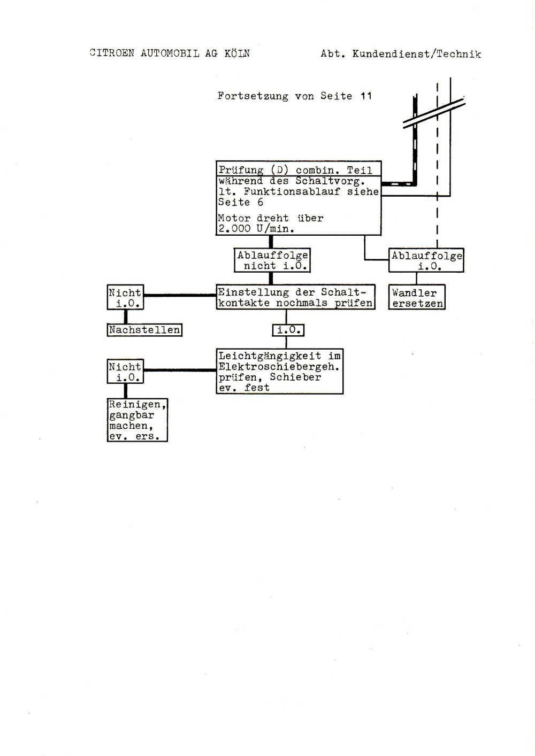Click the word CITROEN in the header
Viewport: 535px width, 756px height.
pyautogui.click(x=112, y=53)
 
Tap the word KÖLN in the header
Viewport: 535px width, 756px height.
pyautogui.click(x=237, y=53)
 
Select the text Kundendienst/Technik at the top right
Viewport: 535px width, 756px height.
pyautogui.click(x=417, y=54)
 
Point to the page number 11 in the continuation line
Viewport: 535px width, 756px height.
pyautogui.click(x=366, y=96)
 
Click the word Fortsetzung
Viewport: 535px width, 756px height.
pyautogui.click(x=253, y=96)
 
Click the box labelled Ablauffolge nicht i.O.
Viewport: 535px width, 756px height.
pyautogui.click(x=272, y=260)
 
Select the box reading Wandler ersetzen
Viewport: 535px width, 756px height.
pyautogui.click(x=417, y=297)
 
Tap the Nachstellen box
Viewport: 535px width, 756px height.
pyautogui.click(x=144, y=330)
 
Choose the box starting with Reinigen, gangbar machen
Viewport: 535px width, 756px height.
pyautogui.click(x=137, y=420)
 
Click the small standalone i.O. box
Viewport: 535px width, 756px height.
pyautogui.click(x=288, y=330)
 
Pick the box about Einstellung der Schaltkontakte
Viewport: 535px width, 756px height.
pyautogui.click(x=295, y=297)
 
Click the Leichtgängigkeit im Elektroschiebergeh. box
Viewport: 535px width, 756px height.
pyautogui.click(x=280, y=371)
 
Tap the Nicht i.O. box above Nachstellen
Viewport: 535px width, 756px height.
pyautogui.click(x=125, y=297)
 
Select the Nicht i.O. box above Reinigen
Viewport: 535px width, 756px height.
pyautogui.click(x=125, y=371)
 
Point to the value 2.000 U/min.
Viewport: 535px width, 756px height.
pyautogui.click(x=256, y=229)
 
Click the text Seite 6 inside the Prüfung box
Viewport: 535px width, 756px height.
pyautogui.click(x=240, y=202)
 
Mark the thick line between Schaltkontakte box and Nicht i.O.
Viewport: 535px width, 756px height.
pyautogui.click(x=180, y=295)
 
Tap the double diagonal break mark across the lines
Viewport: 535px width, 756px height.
pyautogui.click(x=434, y=113)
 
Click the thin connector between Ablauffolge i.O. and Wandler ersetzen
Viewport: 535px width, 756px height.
pyautogui.click(x=416, y=279)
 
